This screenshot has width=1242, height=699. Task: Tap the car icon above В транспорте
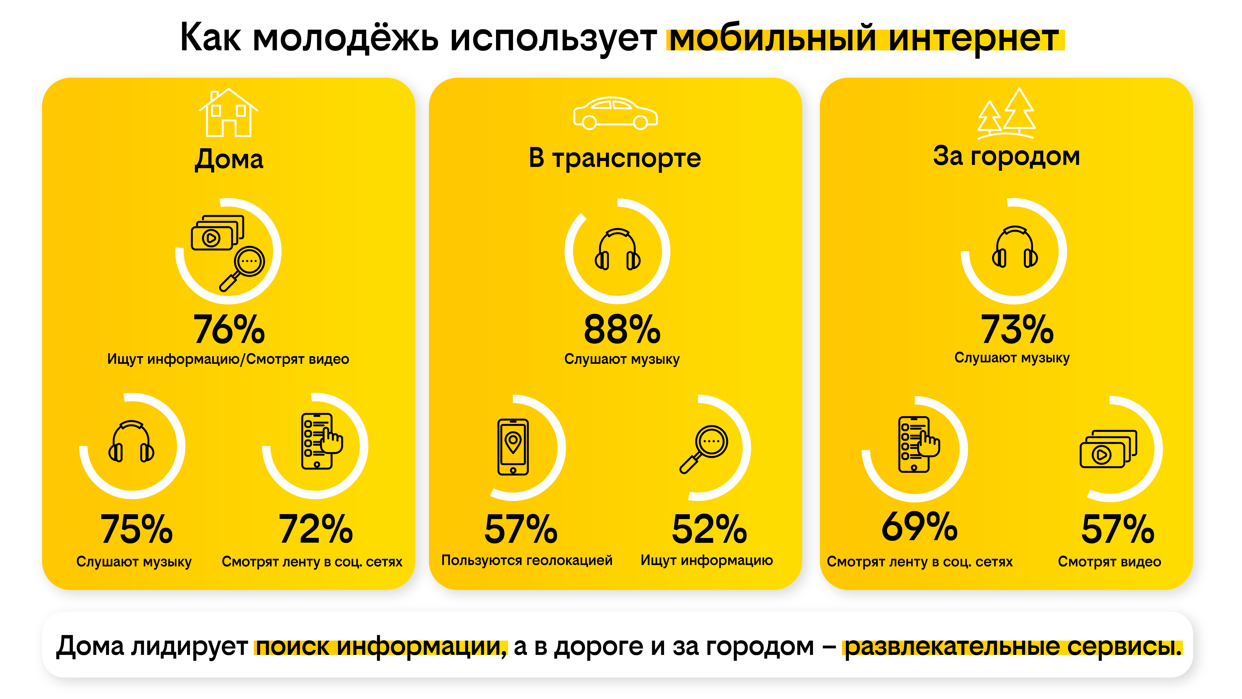click(x=615, y=113)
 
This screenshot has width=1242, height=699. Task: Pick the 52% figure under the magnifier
click(x=709, y=529)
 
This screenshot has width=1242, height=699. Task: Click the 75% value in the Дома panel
click(x=136, y=529)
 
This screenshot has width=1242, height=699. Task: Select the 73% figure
click(x=1017, y=329)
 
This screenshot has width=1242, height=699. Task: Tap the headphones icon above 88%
click(x=617, y=249)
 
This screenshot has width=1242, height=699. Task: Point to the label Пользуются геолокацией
click(x=527, y=561)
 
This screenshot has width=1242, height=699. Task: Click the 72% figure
click(x=316, y=529)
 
